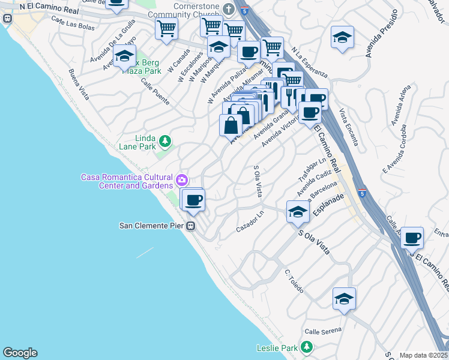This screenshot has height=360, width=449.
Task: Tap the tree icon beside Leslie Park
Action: point(307,347)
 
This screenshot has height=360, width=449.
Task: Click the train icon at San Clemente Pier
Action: point(190,226)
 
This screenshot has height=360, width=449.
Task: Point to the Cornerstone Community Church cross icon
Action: point(228,9)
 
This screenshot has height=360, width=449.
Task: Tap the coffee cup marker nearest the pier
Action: point(193,200)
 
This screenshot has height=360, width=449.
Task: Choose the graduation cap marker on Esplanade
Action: point(297,211)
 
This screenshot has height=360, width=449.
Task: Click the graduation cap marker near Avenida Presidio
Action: point(342,37)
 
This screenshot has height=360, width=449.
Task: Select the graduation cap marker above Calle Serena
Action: point(344,298)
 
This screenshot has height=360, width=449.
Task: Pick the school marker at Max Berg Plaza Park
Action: point(124,56)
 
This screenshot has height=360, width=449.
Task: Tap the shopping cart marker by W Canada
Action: point(166,28)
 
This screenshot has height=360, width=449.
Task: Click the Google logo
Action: point(20,353)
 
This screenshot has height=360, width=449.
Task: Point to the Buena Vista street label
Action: point(79,85)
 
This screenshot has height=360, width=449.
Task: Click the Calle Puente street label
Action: point(155,92)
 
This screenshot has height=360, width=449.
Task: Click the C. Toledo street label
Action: point(295,281)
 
